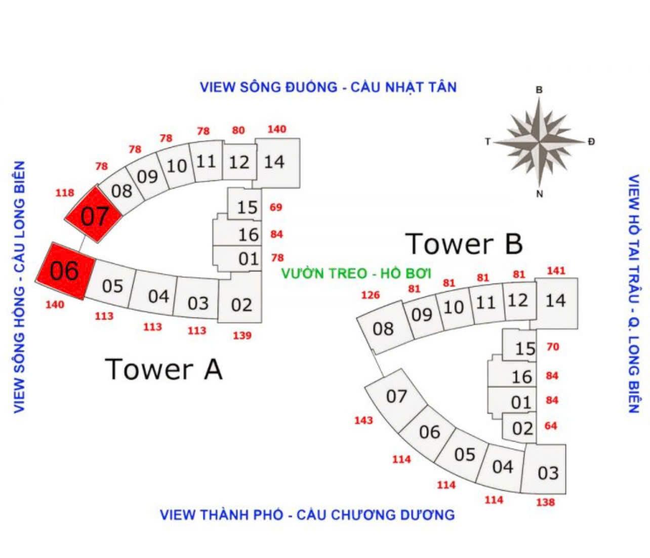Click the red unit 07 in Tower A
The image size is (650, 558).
coord(94,215)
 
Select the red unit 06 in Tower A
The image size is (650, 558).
coord(65,271)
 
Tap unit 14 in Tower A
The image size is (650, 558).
coord(276,162)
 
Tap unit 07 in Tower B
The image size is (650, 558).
coord(396,395)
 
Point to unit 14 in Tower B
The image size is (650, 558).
coord(555,301)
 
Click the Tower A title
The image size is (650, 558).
coord(164,369)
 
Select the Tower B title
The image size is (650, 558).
coord(464,244)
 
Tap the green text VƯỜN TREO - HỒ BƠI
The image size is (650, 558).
coord(356,273)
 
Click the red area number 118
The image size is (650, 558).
coord(65,192)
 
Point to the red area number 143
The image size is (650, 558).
coord(363,420)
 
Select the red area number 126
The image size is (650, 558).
coord(370,295)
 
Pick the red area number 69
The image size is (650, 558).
coord(276,207)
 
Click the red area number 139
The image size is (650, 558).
coord(242,335)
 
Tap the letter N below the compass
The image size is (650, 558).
coord(540,194)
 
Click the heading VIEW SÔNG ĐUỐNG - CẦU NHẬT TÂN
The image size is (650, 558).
coord(328,87)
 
